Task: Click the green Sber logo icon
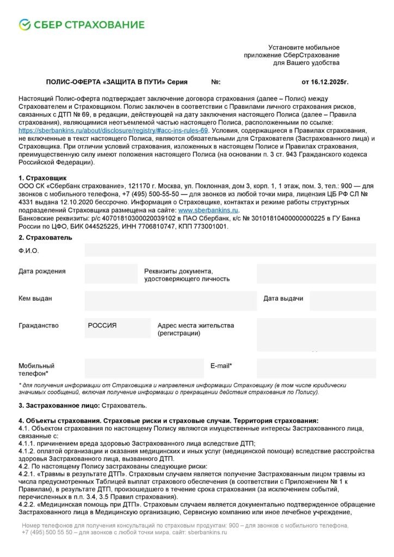(24, 24)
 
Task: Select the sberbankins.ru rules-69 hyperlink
(113, 131)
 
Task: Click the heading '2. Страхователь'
(45, 238)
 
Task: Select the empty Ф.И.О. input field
(230, 250)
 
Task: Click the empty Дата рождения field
(111, 274)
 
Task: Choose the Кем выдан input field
(170, 301)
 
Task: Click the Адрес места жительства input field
(316, 333)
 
